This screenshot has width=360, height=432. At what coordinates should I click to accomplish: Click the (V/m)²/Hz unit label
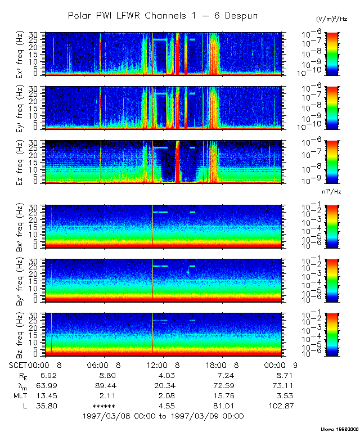pyautogui.click(x=331, y=20)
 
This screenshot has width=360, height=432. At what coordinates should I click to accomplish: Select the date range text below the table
pyautogui.click(x=163, y=416)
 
